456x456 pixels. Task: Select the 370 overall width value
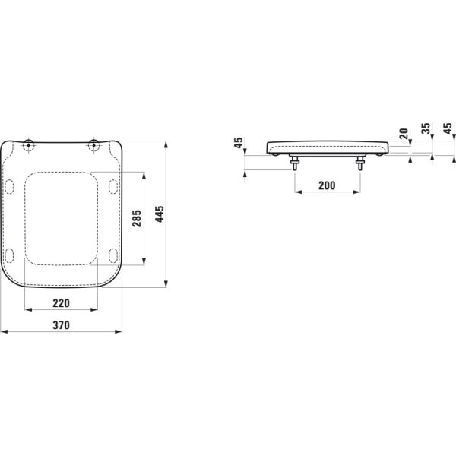coord(61,325)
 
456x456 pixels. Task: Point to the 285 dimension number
coord(135,219)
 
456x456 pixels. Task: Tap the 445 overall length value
coord(159,215)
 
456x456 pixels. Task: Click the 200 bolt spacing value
coord(326,185)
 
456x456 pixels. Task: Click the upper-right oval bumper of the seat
coord(113,185)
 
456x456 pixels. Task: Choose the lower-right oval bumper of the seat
coord(113,254)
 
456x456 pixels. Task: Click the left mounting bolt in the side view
coord(294,162)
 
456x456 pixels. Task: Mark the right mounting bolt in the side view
coord(359,162)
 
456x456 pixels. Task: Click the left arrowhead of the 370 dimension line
coord(3,332)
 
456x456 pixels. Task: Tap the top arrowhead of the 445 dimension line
coord(166,142)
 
